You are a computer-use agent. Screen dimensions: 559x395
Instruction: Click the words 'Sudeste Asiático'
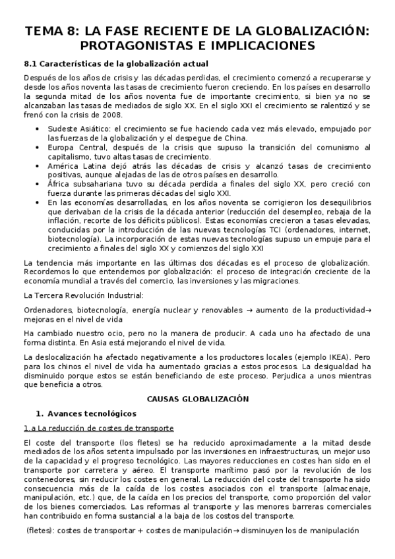pos(80,129)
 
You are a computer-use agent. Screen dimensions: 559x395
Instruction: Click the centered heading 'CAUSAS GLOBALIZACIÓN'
pos(197,399)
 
